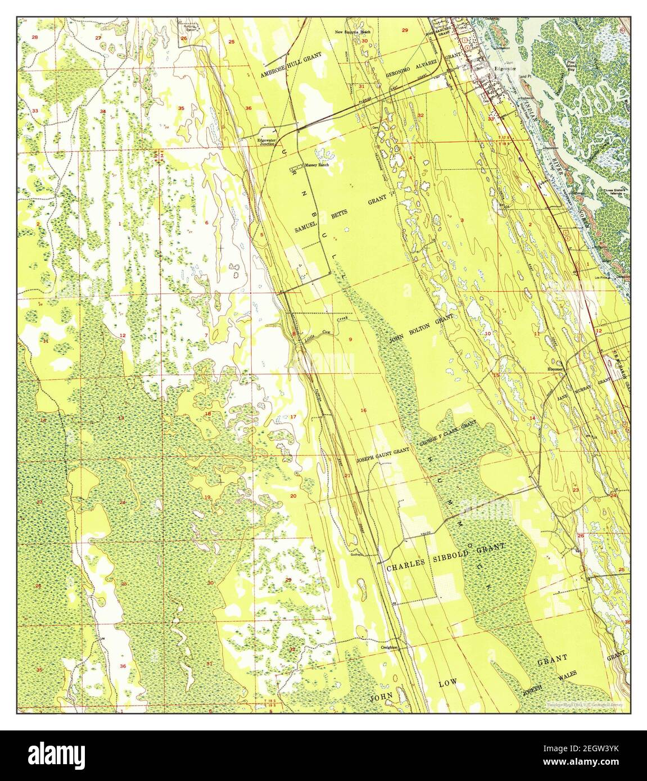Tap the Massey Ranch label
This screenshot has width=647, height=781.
click(x=317, y=166)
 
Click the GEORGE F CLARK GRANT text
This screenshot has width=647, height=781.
click(x=447, y=436)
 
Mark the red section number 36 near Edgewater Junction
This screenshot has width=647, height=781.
click(x=248, y=108)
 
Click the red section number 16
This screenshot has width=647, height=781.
click(x=364, y=411)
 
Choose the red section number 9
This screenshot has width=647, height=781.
click(x=350, y=339)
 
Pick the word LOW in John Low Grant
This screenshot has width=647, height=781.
click(x=448, y=685)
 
